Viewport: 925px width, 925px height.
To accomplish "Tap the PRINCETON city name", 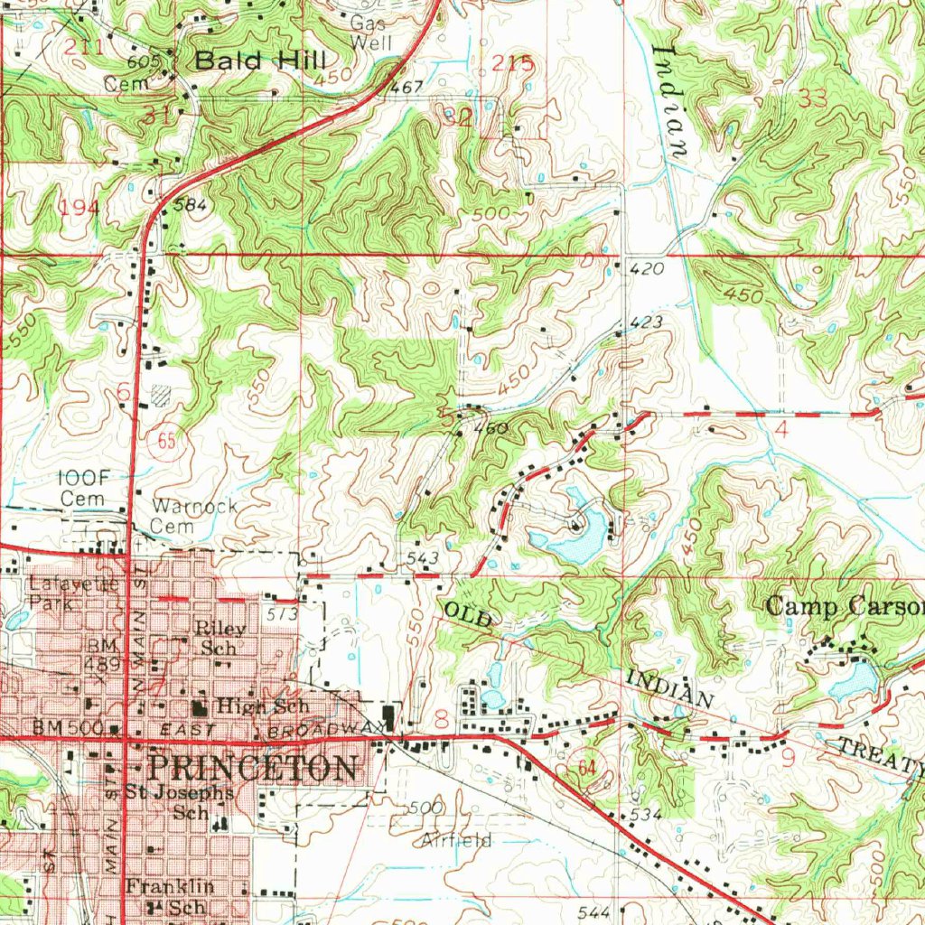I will click(x=252, y=768).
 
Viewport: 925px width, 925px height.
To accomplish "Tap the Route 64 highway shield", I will click(x=588, y=768).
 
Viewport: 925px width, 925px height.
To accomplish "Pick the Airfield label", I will click(x=456, y=840).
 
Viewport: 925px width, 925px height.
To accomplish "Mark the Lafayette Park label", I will click(x=70, y=592).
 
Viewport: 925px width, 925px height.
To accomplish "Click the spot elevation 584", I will click(x=191, y=205).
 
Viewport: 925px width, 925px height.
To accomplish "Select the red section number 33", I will click(x=818, y=99).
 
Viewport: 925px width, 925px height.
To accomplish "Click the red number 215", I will click(x=513, y=63).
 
